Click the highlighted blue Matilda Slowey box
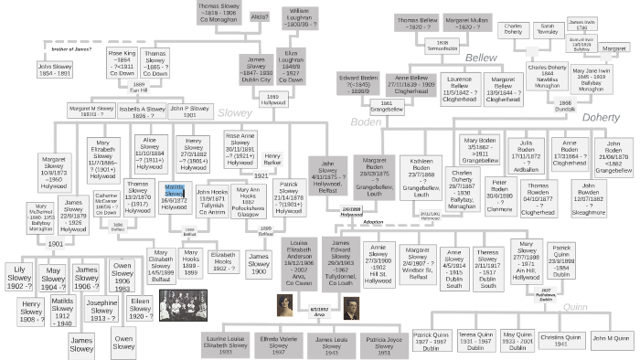[x=174, y=196]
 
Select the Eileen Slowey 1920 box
[x=142, y=279]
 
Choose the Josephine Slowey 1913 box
[x=101, y=285]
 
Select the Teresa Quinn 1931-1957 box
[x=475, y=341]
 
